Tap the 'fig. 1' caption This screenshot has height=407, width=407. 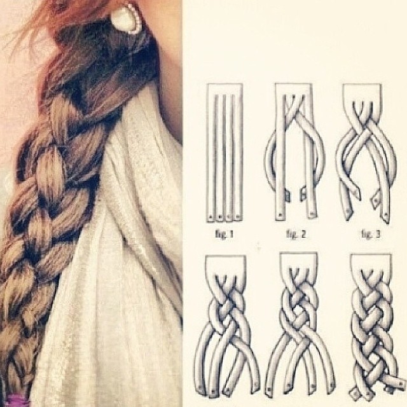tap(224, 235)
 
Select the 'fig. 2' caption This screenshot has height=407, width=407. tap(296, 235)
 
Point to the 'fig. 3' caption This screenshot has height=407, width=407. tap(370, 235)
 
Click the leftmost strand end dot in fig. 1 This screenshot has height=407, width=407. tap(210, 216)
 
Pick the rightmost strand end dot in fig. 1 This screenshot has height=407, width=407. tap(237, 216)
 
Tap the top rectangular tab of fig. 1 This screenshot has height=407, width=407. tap(224, 89)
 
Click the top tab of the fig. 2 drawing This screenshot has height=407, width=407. tap(293, 89)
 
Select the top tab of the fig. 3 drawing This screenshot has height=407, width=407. tap(362, 90)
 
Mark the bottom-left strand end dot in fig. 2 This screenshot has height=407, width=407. tap(280, 215)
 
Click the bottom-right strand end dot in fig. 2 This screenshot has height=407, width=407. tap(312, 215)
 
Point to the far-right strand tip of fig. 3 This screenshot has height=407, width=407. tap(386, 216)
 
